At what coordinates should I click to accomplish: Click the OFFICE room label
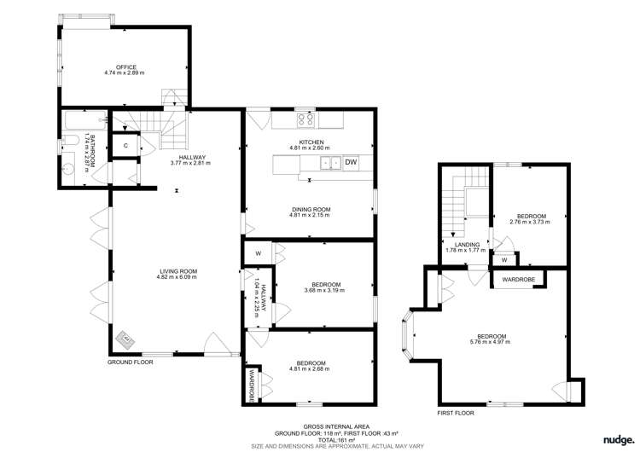coord(126,67)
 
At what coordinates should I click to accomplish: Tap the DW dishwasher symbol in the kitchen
coord(351,162)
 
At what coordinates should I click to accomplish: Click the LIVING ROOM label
coord(177,270)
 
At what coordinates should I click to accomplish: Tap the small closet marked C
coord(125,146)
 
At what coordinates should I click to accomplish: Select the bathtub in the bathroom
coord(80,121)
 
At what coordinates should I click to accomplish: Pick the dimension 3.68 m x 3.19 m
coord(326,291)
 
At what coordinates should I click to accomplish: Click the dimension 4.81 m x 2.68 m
coord(308,368)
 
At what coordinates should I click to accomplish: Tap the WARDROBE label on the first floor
coord(518,279)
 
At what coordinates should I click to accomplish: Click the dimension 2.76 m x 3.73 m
coord(529,223)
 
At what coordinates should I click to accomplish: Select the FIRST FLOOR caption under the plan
coord(454,413)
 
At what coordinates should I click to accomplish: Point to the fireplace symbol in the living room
coord(126,339)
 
